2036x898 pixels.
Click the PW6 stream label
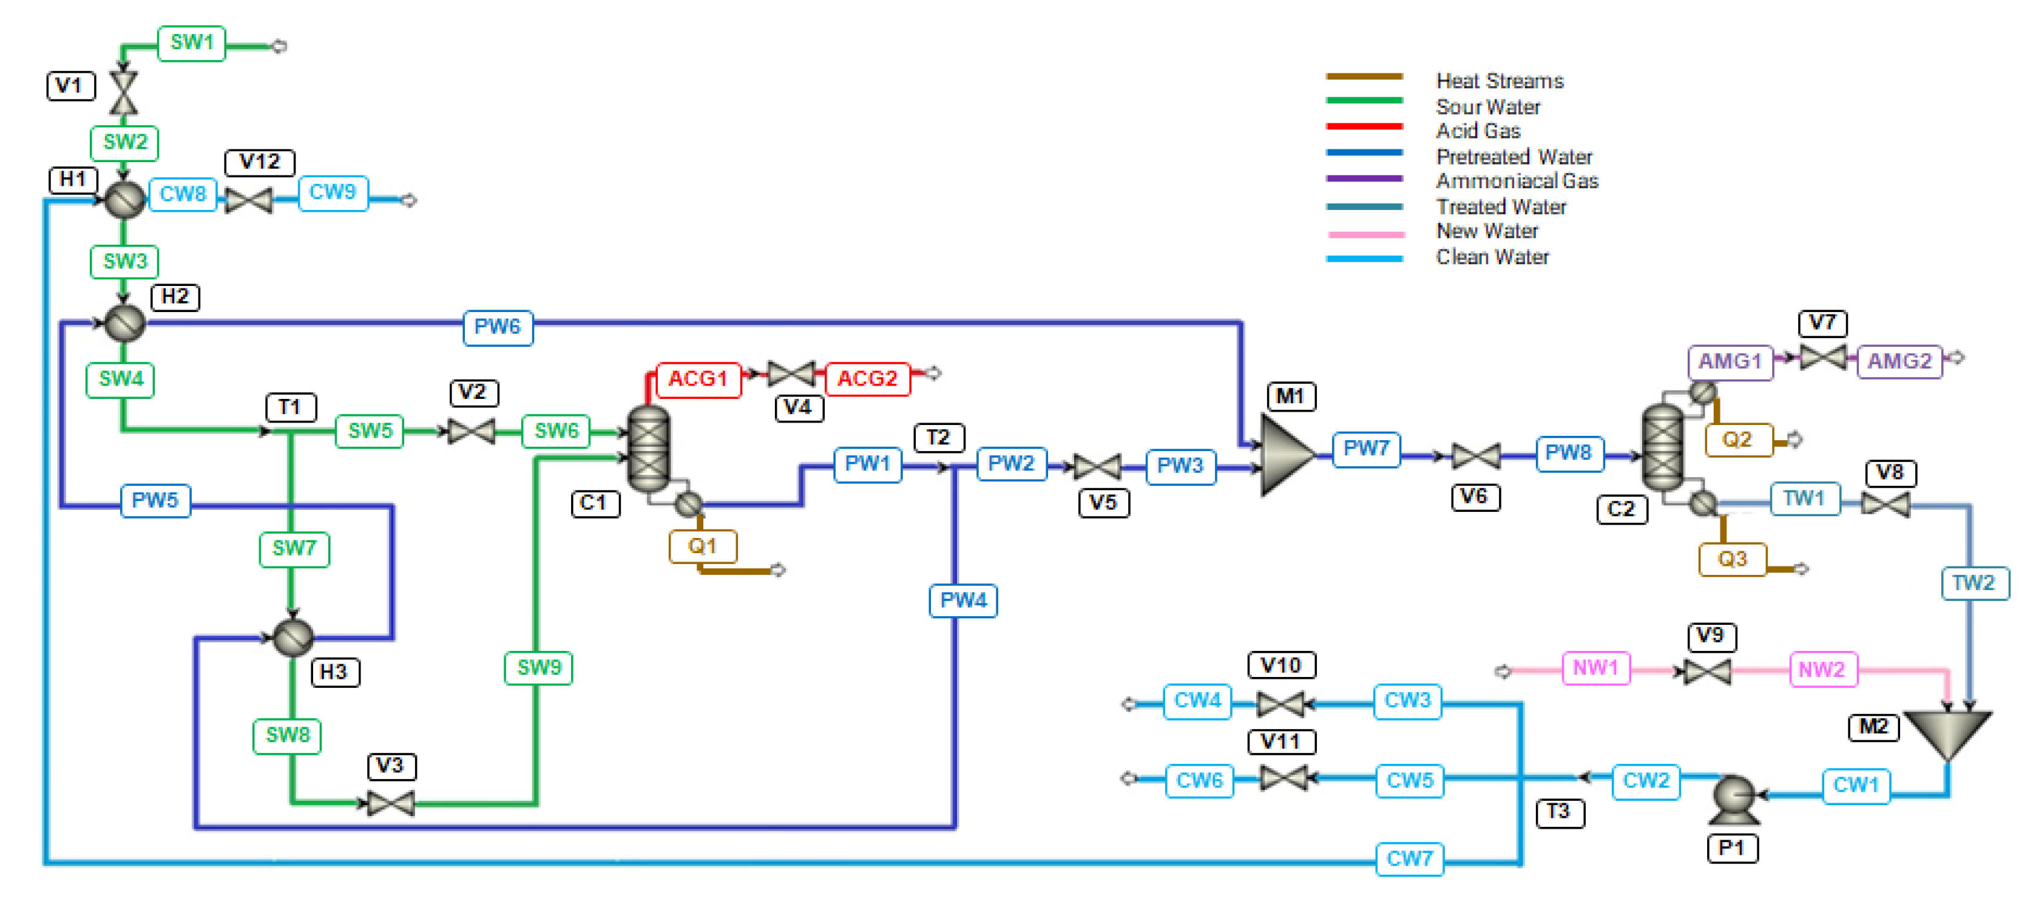pyautogui.click(x=497, y=327)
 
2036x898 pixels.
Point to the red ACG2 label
pyautogui.click(x=867, y=379)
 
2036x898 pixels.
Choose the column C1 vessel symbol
pyautogui.click(x=648, y=450)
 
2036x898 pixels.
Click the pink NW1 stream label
pyautogui.click(x=1595, y=668)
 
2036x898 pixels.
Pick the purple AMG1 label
pyautogui.click(x=1730, y=362)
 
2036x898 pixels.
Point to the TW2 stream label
pyautogui.click(x=1973, y=583)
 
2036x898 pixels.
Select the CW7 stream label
pyautogui.click(x=1409, y=859)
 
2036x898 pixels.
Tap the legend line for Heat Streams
pyautogui.click(x=1364, y=77)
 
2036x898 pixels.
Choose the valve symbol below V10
pyautogui.click(x=1280, y=702)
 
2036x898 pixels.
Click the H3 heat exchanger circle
pyautogui.click(x=293, y=637)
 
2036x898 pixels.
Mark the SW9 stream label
pyautogui.click(x=538, y=668)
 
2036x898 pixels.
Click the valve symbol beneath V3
pyautogui.click(x=390, y=804)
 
